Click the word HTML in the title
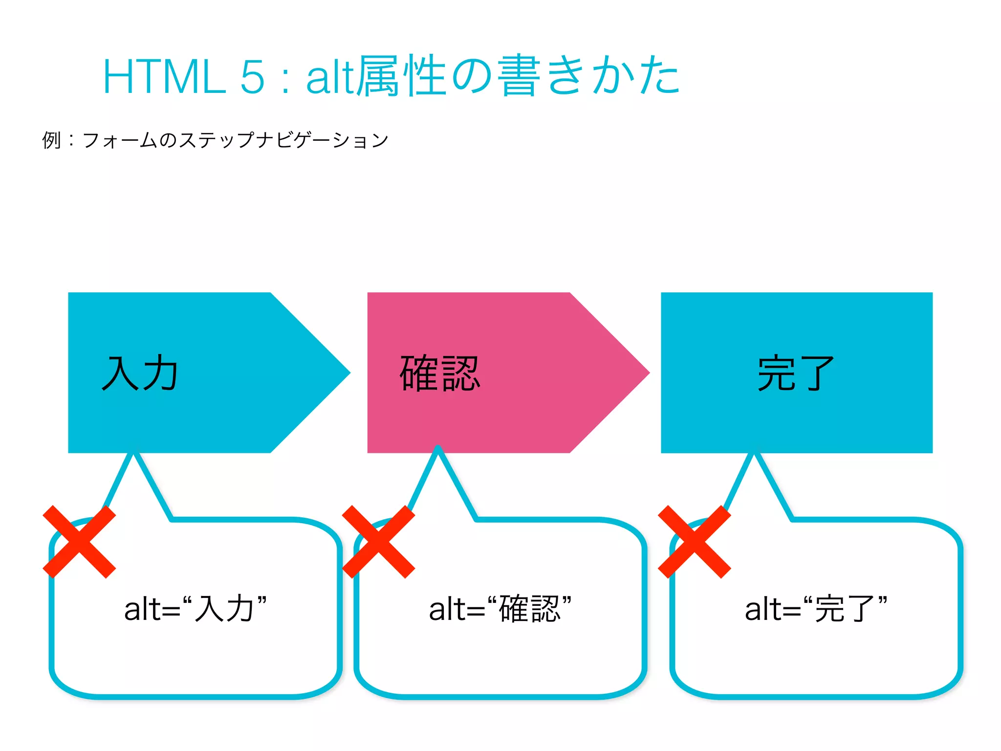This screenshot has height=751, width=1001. click(x=164, y=77)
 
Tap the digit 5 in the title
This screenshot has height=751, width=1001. click(x=252, y=77)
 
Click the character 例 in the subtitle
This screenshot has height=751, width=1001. click(x=52, y=140)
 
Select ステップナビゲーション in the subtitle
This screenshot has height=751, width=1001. click(x=284, y=140)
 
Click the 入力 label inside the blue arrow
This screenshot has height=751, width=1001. click(x=140, y=374)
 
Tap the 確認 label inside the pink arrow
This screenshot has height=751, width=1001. click(x=440, y=374)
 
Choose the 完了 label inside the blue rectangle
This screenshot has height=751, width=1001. click(x=796, y=374)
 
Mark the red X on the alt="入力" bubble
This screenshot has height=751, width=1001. click(x=79, y=542)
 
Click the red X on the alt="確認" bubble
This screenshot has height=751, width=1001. click(x=378, y=542)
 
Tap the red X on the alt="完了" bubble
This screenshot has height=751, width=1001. click(x=695, y=542)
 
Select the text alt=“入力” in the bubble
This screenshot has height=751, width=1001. click(x=196, y=609)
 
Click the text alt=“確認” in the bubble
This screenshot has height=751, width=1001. click(x=500, y=609)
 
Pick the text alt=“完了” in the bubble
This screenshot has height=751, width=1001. click(x=816, y=609)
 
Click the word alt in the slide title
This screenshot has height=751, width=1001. click(x=329, y=77)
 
